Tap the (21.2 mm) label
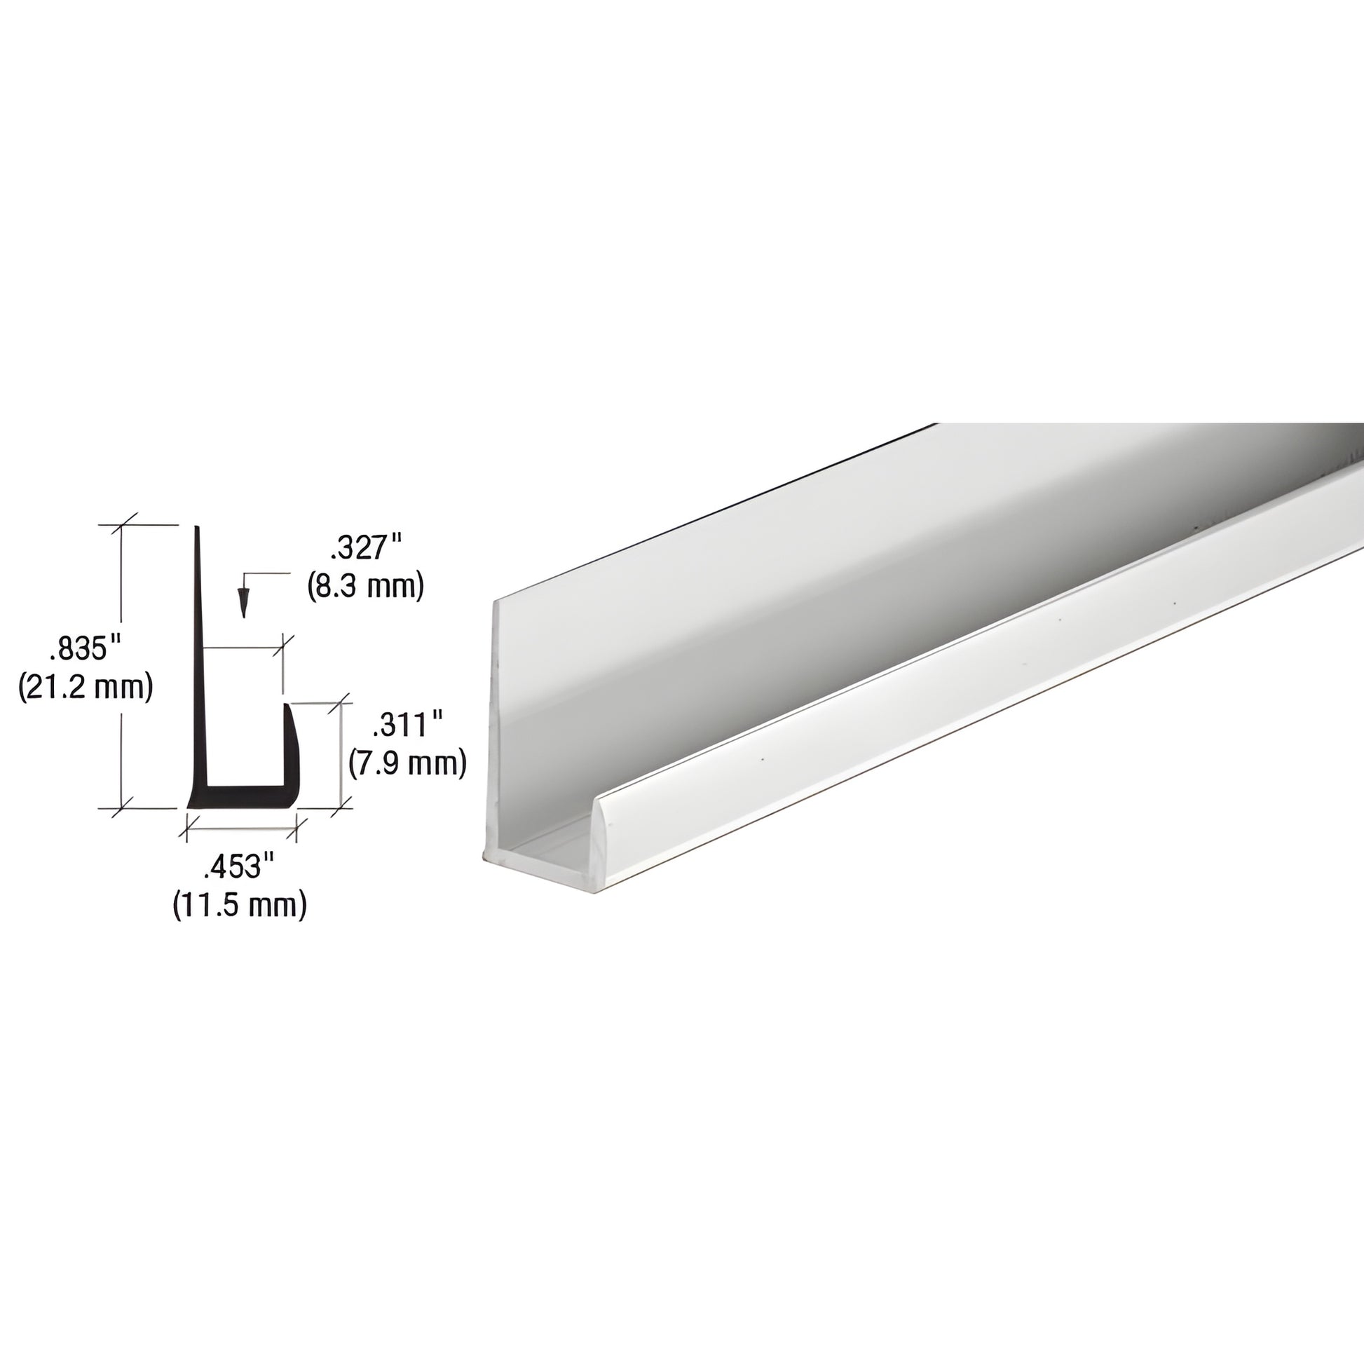86,686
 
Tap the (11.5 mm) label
240,904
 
